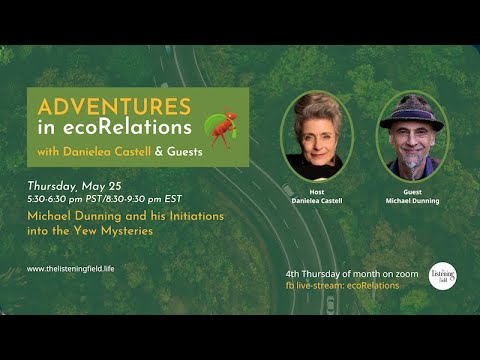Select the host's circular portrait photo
317,136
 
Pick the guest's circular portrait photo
411,136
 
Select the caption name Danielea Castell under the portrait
317,201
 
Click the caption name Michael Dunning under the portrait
411,201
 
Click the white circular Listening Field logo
442,276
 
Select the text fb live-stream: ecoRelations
342,285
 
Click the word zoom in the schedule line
388,274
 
